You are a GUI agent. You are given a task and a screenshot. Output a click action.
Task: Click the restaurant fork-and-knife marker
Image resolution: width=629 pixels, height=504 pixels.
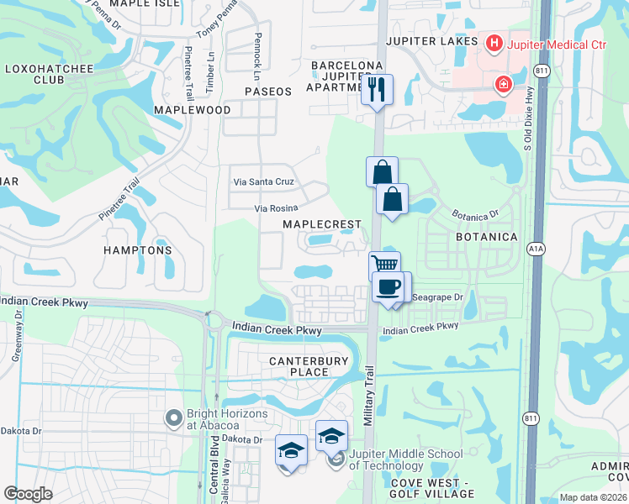pyautogui.click(x=378, y=89)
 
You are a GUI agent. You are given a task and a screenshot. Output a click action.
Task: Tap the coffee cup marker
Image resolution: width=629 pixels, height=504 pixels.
pyautogui.click(x=388, y=286)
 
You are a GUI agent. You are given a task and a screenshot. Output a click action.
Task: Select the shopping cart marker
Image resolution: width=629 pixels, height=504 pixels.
pyautogui.click(x=385, y=264)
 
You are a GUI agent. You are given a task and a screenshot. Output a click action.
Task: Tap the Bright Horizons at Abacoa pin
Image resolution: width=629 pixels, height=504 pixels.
pyautogui.click(x=174, y=417)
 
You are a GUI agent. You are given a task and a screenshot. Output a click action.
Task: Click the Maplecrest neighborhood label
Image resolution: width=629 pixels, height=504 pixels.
pyautogui.click(x=321, y=224)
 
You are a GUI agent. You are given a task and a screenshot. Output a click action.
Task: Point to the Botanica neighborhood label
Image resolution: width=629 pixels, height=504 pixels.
pyautogui.click(x=486, y=237)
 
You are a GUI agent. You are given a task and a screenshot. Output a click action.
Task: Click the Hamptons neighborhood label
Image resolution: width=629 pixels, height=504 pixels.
pyautogui.click(x=138, y=250)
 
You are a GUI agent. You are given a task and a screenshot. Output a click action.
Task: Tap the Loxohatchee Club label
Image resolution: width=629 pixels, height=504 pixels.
pyautogui.click(x=35, y=74)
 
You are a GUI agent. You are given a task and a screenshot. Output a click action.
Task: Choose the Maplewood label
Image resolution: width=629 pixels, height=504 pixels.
pyautogui.click(x=193, y=110)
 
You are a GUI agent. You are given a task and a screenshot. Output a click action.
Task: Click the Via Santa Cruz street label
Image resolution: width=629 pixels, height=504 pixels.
pyautogui.click(x=263, y=181)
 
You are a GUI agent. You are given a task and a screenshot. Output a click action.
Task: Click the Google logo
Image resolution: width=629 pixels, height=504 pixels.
pyautogui.click(x=28, y=494)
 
